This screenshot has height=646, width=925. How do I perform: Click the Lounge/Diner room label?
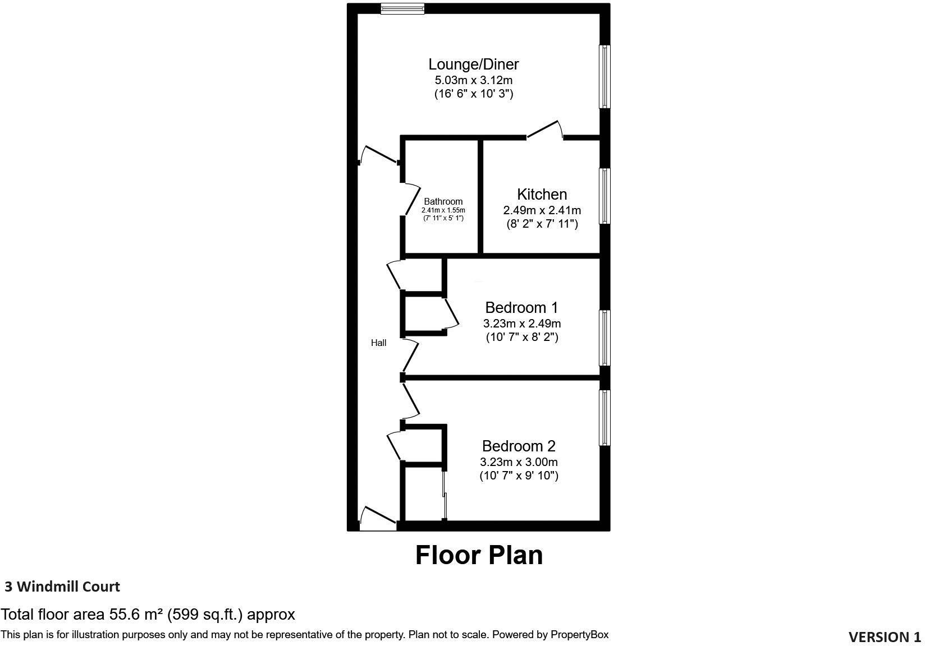473,64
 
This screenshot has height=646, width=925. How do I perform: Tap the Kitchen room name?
542,195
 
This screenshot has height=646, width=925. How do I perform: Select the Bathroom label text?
443,202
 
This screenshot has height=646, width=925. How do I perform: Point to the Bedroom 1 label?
521,308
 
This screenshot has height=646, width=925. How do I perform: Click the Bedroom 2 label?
519,446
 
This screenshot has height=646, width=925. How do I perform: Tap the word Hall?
378,343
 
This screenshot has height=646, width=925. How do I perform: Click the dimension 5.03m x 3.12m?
473,80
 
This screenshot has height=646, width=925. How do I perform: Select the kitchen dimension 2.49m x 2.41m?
542,211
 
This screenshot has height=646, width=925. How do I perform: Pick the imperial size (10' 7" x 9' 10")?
519,476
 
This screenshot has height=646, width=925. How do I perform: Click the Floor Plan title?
479,555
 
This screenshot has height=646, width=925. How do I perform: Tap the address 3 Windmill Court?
62,587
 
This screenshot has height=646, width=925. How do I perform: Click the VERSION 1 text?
885,637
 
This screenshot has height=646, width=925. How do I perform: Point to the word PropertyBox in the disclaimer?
579,635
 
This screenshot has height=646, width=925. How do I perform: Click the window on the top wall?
402,8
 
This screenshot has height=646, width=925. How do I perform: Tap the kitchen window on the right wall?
605,196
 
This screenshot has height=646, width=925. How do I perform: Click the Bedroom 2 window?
605,418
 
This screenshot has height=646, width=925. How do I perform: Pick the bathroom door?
413,199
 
